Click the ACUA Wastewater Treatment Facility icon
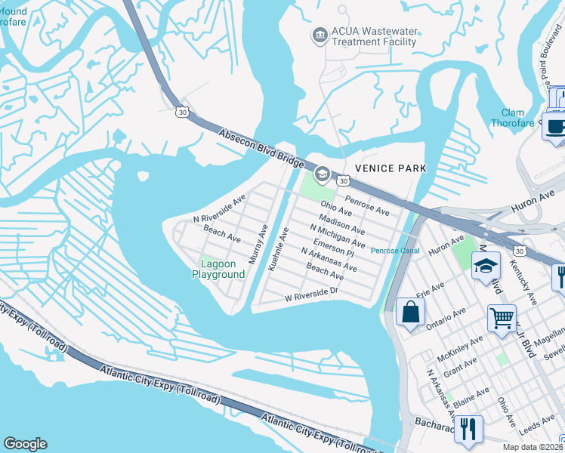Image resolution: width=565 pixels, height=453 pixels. [x=320, y=35]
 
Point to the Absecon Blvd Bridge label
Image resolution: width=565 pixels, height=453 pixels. [x=260, y=149]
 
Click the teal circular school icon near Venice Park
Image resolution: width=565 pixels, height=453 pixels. [x=322, y=175]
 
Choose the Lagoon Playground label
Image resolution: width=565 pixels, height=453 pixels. [x=222, y=269]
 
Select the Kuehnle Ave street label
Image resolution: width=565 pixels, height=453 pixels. [x=279, y=249]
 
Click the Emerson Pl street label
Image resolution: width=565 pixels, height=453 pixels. [x=329, y=248]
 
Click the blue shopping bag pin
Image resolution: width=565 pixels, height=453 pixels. [x=409, y=312]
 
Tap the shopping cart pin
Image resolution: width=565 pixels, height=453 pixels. [x=502, y=319]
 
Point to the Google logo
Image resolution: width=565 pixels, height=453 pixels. [x=25, y=444]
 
